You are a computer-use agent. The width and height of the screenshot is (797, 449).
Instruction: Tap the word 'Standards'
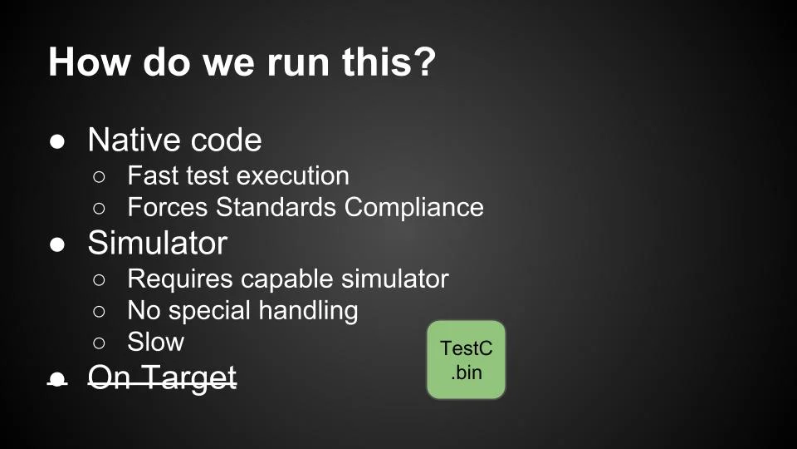click(x=277, y=207)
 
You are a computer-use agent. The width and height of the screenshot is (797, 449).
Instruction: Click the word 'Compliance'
click(x=414, y=207)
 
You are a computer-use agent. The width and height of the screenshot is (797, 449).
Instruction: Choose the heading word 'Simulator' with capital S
click(x=157, y=243)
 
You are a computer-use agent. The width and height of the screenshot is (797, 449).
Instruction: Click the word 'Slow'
click(x=155, y=342)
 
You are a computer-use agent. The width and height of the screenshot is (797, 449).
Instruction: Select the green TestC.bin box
click(x=466, y=360)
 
